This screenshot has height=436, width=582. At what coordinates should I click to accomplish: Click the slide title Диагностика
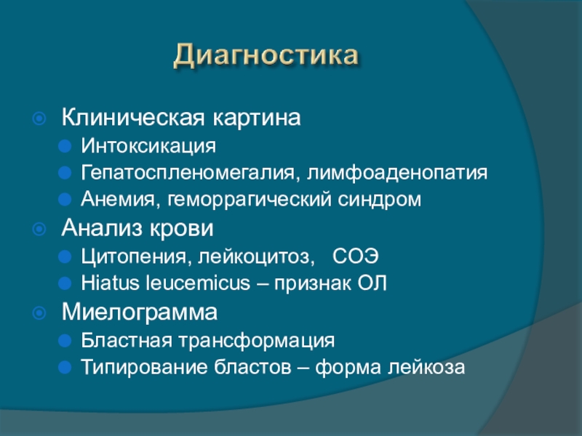tap(266, 56)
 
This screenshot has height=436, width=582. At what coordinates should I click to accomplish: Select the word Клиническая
tap(133, 118)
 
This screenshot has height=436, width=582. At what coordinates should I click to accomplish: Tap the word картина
tap(257, 118)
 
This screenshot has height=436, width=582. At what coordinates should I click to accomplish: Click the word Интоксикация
tap(148, 145)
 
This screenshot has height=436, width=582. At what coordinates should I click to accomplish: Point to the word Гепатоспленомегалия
tap(188, 173)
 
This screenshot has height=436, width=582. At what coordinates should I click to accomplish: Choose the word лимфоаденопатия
tap(396, 173)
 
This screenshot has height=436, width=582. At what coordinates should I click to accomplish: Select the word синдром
tap(379, 200)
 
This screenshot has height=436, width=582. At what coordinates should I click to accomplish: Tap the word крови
tap(181, 228)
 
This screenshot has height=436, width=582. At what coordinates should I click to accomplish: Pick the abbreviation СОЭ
tap(356, 256)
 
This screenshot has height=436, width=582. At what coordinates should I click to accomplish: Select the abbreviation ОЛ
tap(372, 283)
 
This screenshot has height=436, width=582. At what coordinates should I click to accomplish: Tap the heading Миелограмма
tap(140, 312)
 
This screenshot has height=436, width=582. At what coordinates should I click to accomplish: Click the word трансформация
tap(257, 341)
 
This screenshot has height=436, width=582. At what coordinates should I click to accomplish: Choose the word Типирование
tap(143, 368)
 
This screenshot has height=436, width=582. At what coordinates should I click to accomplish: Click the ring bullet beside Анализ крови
tap(39, 229)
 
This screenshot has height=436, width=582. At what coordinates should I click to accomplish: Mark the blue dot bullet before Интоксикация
tap(65, 146)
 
